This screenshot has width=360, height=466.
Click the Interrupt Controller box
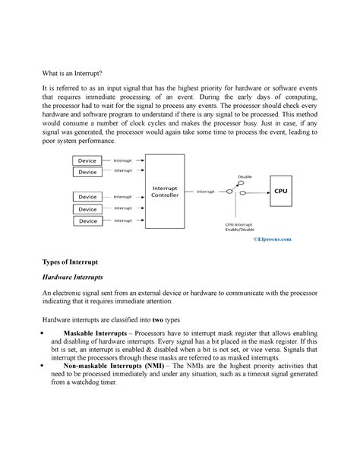[x=165, y=191]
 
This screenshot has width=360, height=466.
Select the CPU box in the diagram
[x=280, y=191]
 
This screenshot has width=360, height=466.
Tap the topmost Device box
[x=87, y=160]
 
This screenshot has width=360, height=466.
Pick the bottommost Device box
[x=87, y=220]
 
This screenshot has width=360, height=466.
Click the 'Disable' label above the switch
[x=245, y=176]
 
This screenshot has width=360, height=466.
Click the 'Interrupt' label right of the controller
[x=206, y=192]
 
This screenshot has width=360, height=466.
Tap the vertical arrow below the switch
[x=241, y=209]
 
